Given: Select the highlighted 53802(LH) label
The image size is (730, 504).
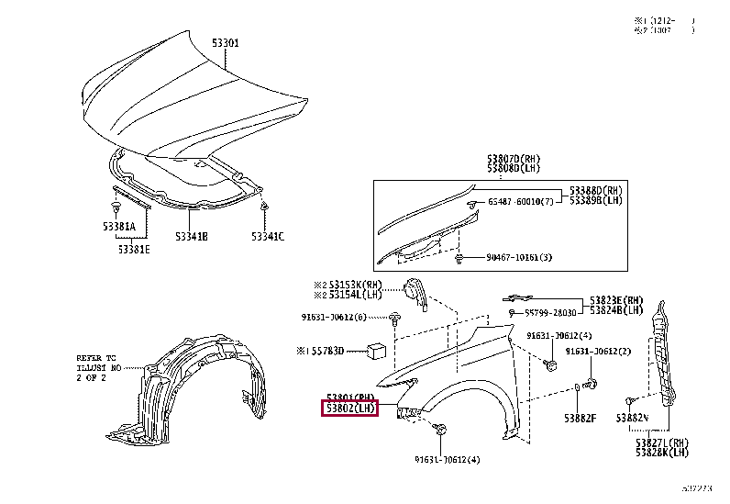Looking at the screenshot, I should [x=350, y=408].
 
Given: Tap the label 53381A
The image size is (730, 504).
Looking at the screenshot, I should [x=119, y=225].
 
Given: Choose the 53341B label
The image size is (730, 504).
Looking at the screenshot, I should [x=191, y=237].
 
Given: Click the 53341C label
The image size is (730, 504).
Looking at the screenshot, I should [x=268, y=237].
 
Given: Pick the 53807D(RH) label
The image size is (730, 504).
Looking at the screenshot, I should [x=515, y=159].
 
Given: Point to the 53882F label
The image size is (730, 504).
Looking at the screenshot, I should [x=580, y=419].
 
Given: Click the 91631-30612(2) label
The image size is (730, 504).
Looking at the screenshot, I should [x=598, y=352].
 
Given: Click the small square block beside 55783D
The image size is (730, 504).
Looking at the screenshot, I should [x=376, y=350].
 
